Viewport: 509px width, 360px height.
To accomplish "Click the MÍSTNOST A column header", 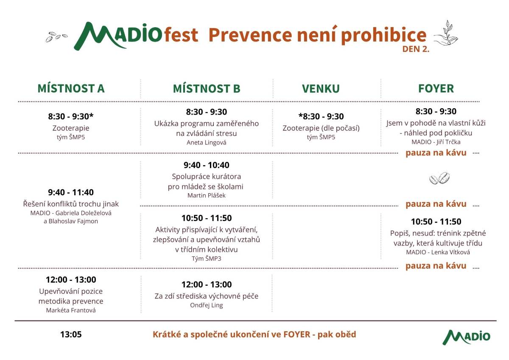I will pos(71,88).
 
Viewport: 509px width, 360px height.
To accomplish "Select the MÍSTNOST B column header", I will pos(207,88).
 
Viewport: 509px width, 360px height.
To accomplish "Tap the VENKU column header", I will pos(321,88).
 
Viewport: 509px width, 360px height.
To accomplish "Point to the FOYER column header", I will pos(436,88).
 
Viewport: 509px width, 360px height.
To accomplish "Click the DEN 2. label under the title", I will pos(416,49).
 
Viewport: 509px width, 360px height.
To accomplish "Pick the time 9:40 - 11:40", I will pos(71,192).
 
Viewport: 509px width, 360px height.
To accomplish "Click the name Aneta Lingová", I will pos(207,143).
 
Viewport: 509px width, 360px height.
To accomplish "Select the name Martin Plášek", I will pos(207,196).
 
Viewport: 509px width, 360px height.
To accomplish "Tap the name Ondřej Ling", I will pos(207,305).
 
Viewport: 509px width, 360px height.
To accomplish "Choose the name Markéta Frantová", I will pos(71,310).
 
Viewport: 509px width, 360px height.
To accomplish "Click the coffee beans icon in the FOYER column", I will pos(439,178).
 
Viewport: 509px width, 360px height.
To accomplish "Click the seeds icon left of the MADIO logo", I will pos(56,37).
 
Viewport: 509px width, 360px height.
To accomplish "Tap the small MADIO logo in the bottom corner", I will pos(466,336).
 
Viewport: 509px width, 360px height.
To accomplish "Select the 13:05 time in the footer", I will pos(71,335).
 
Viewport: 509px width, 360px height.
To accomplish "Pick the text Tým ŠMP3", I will pos(207,259).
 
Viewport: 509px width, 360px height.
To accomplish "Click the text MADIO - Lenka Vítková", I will pos(438,252).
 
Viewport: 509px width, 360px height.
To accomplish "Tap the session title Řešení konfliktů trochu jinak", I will pos(71,204).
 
